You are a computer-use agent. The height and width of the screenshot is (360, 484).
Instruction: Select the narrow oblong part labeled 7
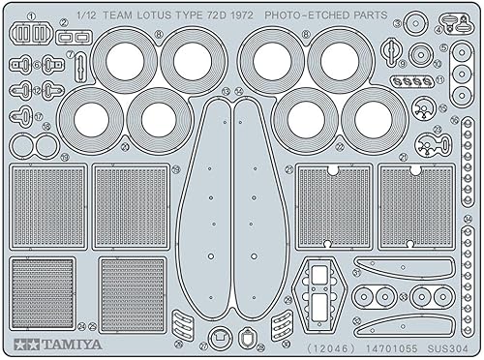tap(81, 67)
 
